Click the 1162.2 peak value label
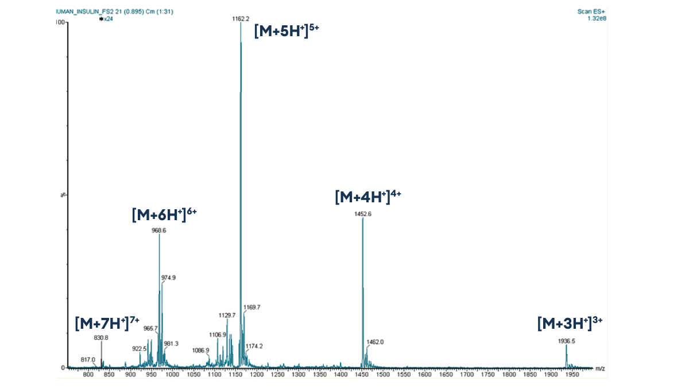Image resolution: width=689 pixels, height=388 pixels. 241,19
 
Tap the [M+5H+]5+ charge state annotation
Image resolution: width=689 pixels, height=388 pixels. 286,30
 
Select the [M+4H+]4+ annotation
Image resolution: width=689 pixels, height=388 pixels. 367,197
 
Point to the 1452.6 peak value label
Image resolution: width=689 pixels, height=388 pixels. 363,214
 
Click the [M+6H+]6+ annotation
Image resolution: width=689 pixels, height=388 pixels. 164,214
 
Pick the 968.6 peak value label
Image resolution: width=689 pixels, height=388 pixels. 159,230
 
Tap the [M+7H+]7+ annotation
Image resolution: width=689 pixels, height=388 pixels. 107,323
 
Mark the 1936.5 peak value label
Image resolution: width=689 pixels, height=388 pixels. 566,341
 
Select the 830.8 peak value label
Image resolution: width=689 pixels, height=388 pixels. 101,338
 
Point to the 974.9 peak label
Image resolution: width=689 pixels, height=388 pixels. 168,278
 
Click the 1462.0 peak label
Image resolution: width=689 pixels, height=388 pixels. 375,342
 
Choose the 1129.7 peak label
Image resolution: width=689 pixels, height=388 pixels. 227,315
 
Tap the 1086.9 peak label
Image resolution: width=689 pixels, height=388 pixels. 200,350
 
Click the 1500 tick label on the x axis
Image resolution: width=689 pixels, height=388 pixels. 382,375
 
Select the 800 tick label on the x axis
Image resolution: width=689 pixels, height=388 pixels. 88,375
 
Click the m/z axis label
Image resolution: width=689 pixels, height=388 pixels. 600,368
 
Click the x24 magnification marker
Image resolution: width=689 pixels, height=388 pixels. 106,18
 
